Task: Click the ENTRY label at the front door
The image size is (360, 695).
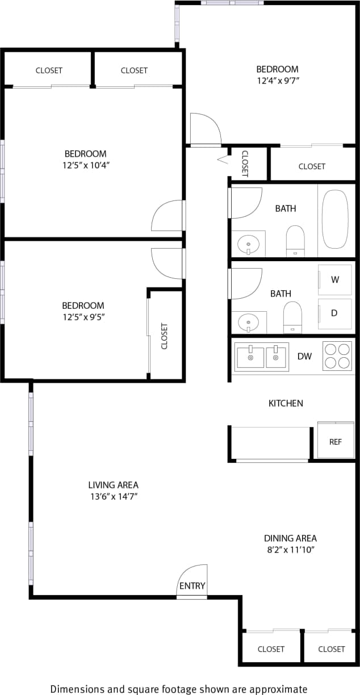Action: click(x=192, y=586)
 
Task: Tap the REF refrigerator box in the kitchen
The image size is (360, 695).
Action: click(x=336, y=441)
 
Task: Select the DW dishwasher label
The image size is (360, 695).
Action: click(x=305, y=357)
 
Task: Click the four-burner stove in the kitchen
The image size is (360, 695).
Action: click(x=337, y=356)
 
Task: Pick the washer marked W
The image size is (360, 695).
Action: click(x=335, y=279)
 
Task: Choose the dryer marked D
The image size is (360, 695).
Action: click(x=335, y=313)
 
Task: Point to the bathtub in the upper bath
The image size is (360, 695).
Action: click(x=335, y=219)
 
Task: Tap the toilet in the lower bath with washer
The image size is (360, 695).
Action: click(x=292, y=317)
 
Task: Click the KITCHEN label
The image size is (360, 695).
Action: click(x=286, y=403)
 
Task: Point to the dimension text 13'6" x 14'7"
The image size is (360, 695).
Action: click(x=113, y=496)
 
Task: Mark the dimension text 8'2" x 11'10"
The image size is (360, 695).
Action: click(x=290, y=549)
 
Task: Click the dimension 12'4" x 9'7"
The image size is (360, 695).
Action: click(x=278, y=81)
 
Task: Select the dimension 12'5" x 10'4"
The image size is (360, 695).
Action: click(x=85, y=165)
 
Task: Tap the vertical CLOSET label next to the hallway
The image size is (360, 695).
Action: click(x=245, y=164)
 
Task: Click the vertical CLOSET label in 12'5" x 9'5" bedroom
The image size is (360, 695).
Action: click(x=165, y=336)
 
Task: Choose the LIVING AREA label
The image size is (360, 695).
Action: click(x=113, y=485)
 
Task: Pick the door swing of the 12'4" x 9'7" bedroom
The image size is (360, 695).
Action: click(x=205, y=129)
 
